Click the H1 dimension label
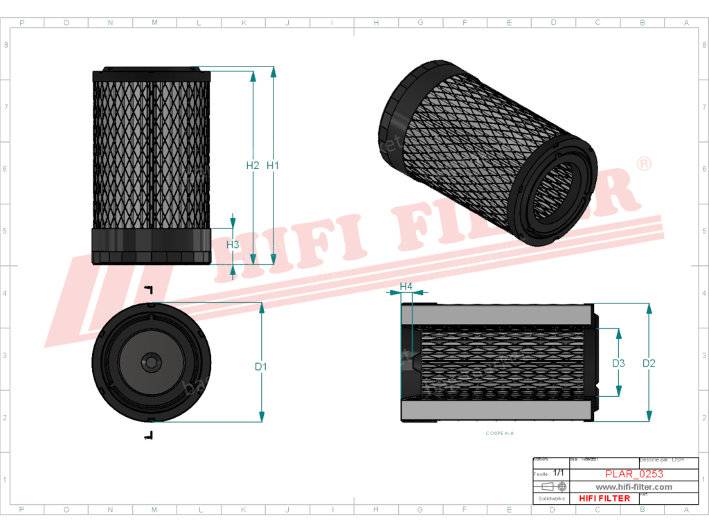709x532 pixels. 272,166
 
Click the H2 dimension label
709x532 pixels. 252,166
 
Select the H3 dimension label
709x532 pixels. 233,245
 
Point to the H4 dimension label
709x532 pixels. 406,286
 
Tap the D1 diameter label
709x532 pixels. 261,366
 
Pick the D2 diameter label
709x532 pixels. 649,363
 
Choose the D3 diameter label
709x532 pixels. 618,363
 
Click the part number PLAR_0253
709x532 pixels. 634,475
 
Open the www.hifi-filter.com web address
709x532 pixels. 634,487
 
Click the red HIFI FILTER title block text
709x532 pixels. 604,498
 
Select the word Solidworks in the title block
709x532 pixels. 551,498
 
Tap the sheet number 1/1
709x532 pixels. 559,472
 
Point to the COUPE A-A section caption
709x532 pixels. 500,433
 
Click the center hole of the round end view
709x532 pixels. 152,362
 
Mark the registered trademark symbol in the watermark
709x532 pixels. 643,164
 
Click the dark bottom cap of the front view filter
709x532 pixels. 152,246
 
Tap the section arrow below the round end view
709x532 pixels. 148,435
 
